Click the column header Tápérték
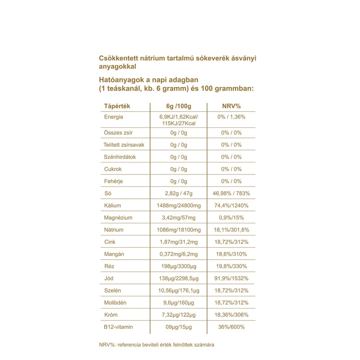(117, 106)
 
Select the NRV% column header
(231, 106)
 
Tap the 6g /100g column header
(178, 106)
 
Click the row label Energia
(114, 117)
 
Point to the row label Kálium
(112, 206)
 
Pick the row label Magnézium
(118, 218)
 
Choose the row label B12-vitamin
(118, 327)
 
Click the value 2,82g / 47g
(178, 194)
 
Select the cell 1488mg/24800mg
(178, 206)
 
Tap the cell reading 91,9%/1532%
(231, 278)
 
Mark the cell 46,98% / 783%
(231, 194)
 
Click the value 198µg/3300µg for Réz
(178, 266)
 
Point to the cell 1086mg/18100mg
(178, 230)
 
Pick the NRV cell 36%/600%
(231, 327)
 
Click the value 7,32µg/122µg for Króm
(178, 315)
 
